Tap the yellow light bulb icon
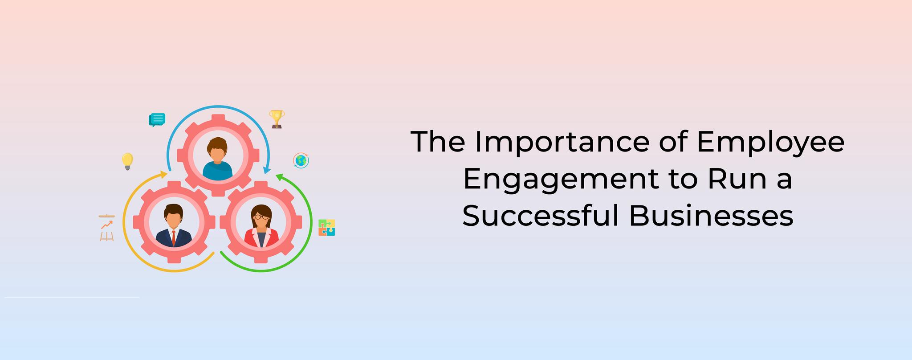(x=127, y=162)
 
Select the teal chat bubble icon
(x=157, y=120)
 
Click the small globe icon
(x=301, y=160)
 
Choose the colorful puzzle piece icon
(x=327, y=228)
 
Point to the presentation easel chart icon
(x=107, y=228)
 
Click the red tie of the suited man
(x=174, y=238)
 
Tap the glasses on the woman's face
(x=261, y=217)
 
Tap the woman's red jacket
(x=261, y=238)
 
